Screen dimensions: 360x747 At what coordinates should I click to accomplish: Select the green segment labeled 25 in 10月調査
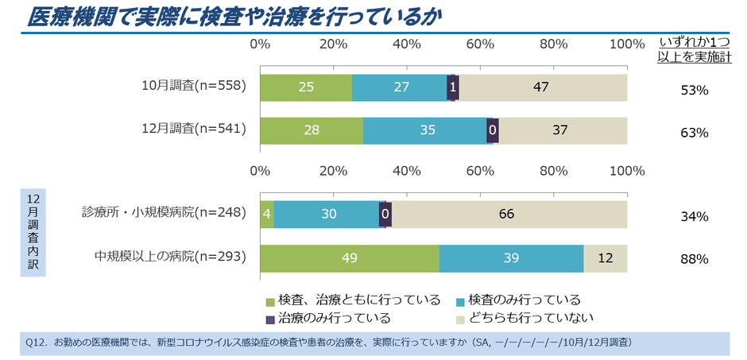tap(306, 87)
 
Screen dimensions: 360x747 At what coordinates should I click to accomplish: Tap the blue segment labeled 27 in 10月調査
tap(400, 87)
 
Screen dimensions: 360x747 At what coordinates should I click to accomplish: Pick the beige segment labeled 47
tap(541, 87)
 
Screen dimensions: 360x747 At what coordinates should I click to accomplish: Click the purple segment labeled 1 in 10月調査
tap(452, 87)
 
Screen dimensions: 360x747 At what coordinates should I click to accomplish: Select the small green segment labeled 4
tap(267, 214)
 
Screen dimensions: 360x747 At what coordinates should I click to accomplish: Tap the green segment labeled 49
tap(349, 257)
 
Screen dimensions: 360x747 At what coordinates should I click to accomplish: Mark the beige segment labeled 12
tap(606, 257)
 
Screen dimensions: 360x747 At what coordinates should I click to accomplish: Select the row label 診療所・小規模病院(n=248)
tap(164, 212)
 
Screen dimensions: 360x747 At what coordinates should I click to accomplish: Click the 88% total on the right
tap(695, 259)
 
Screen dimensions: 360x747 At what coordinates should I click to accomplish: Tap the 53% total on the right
tap(695, 90)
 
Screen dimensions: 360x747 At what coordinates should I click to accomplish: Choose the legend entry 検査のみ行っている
tap(517, 300)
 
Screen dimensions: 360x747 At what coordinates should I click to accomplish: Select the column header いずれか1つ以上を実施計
tap(695, 48)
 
